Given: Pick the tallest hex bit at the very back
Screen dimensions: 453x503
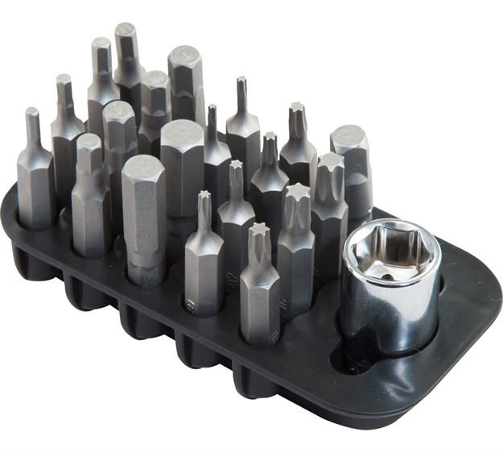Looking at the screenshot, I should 128,56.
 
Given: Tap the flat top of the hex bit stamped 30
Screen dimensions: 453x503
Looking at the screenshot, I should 142,165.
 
